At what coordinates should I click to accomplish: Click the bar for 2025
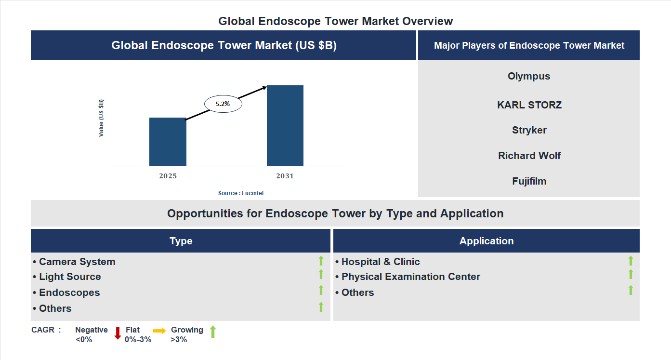click(x=168, y=142)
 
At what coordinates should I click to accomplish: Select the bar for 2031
click(x=285, y=126)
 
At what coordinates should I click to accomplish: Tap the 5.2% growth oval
click(x=223, y=104)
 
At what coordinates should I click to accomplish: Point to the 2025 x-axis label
click(x=168, y=176)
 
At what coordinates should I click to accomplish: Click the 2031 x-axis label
click(x=285, y=176)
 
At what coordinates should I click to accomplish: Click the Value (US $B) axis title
click(x=101, y=118)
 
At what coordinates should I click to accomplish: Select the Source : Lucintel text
click(x=241, y=193)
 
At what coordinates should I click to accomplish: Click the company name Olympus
click(x=529, y=76)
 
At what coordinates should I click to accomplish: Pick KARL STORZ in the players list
click(x=529, y=105)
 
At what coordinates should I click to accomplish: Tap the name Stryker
click(x=529, y=130)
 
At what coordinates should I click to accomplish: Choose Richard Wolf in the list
click(x=529, y=156)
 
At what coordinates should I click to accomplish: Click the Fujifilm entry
click(x=529, y=182)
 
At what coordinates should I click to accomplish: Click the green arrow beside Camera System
click(x=321, y=261)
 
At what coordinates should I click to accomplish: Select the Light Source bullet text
click(x=70, y=277)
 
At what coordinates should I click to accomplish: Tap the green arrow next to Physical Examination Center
click(x=631, y=274)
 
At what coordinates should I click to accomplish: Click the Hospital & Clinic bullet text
click(x=380, y=262)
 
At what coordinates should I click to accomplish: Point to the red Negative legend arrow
click(x=118, y=333)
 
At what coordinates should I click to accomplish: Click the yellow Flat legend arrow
click(x=159, y=331)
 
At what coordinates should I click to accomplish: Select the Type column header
click(x=181, y=241)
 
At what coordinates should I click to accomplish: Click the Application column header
click(x=486, y=241)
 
